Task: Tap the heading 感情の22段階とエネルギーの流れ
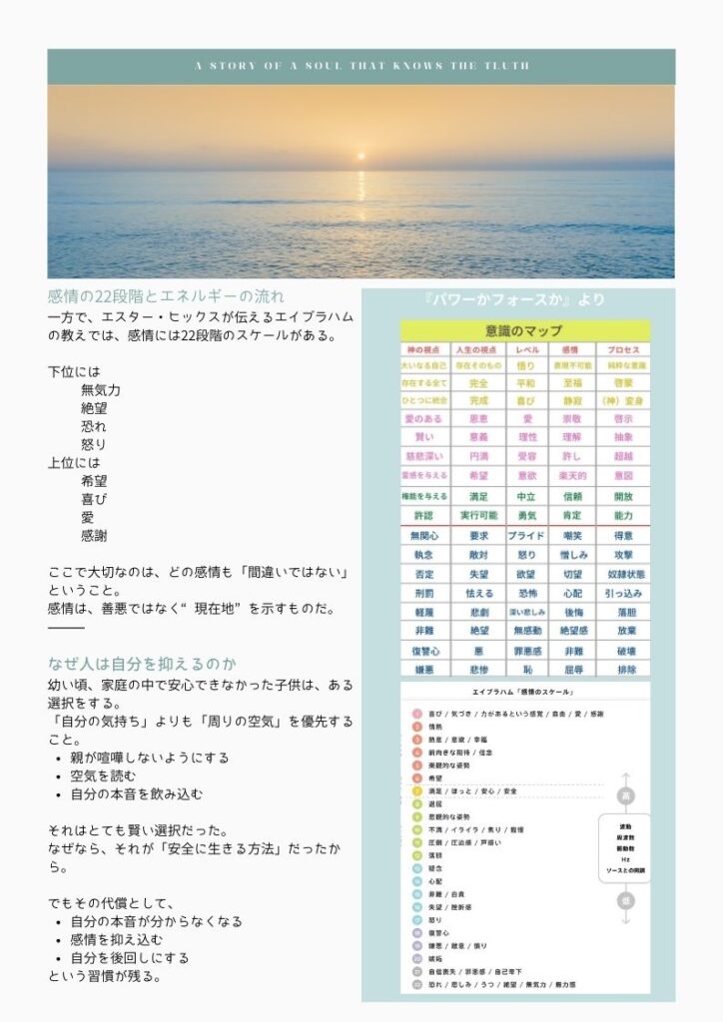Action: pos(166,295)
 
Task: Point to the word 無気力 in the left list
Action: pos(101,390)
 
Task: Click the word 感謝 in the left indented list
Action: pos(94,536)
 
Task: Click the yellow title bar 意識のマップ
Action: pos(524,330)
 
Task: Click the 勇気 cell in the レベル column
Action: pos(526,516)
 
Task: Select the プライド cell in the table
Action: pos(526,536)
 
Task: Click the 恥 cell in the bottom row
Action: pos(526,669)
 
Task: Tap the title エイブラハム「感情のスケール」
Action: pos(524,692)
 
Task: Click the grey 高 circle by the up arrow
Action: pos(625,796)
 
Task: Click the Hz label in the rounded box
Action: pos(625,858)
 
